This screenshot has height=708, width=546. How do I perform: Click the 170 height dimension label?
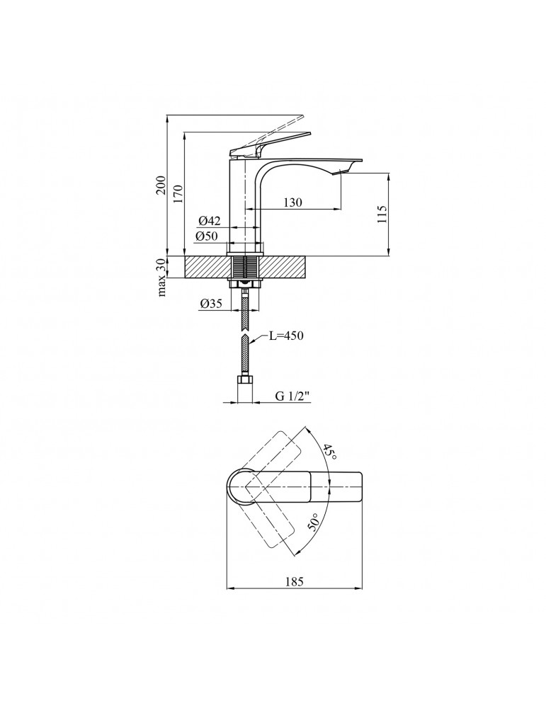click(x=178, y=193)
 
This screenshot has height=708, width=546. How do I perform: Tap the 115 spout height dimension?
click(x=382, y=215)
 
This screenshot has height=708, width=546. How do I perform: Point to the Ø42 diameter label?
click(x=211, y=221)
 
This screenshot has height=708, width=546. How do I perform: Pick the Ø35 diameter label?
click(x=212, y=304)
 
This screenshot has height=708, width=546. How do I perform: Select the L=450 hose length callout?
click(x=285, y=336)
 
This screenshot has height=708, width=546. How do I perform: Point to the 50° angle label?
click(x=314, y=524)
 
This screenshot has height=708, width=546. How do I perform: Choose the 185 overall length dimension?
click(x=293, y=582)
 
